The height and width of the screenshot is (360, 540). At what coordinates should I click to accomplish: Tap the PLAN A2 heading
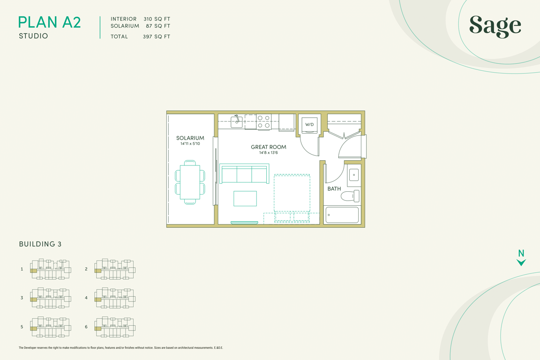[50, 22]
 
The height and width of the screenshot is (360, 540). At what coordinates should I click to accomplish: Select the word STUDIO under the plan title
[33, 36]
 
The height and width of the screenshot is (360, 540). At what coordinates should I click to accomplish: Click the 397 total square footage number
[147, 37]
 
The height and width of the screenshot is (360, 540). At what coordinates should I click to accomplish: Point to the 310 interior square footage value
[148, 19]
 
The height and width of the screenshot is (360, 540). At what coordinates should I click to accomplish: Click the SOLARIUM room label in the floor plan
[190, 138]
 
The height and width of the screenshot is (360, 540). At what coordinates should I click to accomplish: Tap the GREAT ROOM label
[269, 147]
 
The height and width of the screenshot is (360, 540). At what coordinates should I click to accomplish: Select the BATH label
[334, 189]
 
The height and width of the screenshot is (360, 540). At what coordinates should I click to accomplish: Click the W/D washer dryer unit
[309, 124]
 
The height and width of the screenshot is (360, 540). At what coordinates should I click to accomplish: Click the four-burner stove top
[264, 122]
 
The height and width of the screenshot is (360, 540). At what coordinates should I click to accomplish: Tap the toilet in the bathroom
[350, 196]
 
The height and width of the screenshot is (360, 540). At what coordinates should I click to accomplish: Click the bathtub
[342, 215]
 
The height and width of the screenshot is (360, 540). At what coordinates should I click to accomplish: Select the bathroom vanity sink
[354, 175]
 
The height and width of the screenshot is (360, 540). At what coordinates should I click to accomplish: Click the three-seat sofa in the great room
[244, 174]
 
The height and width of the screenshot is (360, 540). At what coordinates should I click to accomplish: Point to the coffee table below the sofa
[245, 198]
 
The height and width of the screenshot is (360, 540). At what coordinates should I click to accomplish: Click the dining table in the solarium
[190, 182]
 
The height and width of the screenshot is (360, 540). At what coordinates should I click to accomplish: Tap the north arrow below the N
[521, 262]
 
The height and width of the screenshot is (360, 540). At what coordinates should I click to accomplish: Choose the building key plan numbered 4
[115, 298]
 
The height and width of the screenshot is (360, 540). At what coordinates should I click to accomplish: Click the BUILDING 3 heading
[40, 244]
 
